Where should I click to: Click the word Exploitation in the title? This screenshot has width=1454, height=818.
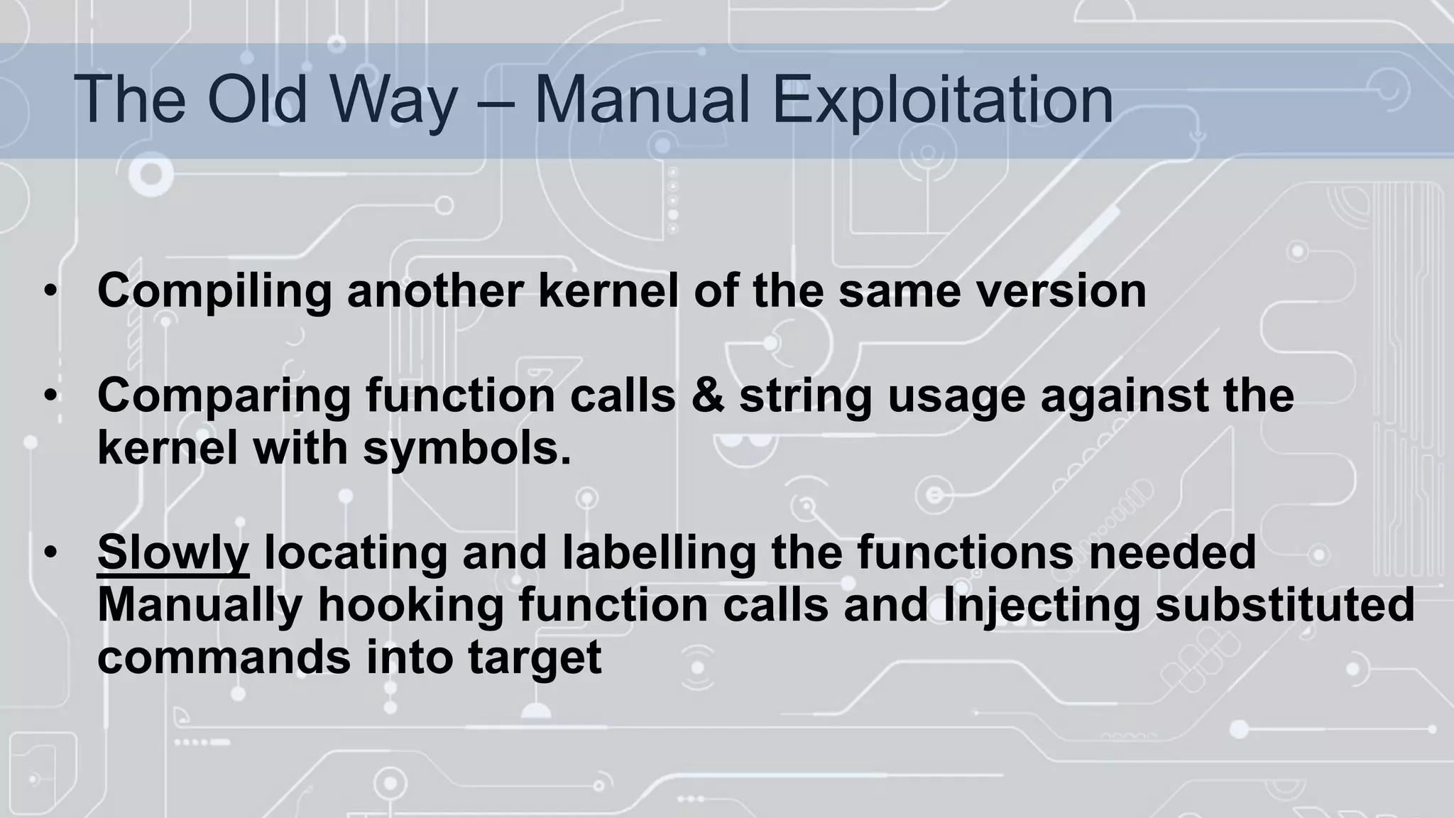click(x=942, y=100)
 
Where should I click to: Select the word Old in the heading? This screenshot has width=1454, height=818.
click(x=258, y=100)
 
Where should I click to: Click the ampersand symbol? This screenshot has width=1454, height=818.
click(x=708, y=396)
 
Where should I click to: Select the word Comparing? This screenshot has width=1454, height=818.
click(x=224, y=396)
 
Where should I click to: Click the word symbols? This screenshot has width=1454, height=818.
click(x=466, y=449)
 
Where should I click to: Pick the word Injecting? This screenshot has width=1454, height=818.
click(x=1041, y=606)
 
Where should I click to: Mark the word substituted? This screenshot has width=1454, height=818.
click(x=1285, y=606)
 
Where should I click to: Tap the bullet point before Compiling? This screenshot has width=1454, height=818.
click(x=50, y=292)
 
